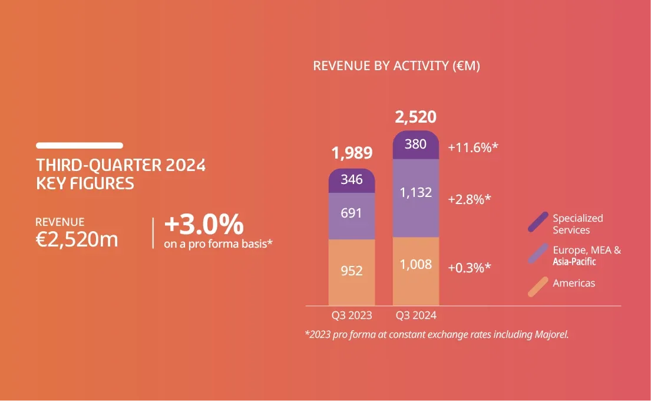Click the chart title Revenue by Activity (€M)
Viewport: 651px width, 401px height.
point(396,65)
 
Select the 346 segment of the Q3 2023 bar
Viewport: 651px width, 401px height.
point(352,180)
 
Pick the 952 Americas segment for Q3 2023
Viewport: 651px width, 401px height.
point(352,271)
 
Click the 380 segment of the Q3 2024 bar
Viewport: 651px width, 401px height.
point(416,144)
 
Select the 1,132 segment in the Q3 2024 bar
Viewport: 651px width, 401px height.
point(416,193)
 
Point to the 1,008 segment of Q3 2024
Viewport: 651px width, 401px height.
point(416,265)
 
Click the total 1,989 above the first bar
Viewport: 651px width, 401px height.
point(352,153)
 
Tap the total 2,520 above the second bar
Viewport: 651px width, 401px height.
point(416,117)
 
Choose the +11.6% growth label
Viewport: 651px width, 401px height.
point(473,147)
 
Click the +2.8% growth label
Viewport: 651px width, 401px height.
point(470,199)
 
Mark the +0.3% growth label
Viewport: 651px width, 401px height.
point(470,267)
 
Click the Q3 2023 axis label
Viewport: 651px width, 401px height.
point(352,315)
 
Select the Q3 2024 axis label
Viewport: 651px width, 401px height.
point(416,315)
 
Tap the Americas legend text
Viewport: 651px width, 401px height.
point(574,283)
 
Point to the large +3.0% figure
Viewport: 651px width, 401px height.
point(203,225)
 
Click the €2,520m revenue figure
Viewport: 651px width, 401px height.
point(77,239)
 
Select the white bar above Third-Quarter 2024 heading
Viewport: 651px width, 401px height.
point(80,145)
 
